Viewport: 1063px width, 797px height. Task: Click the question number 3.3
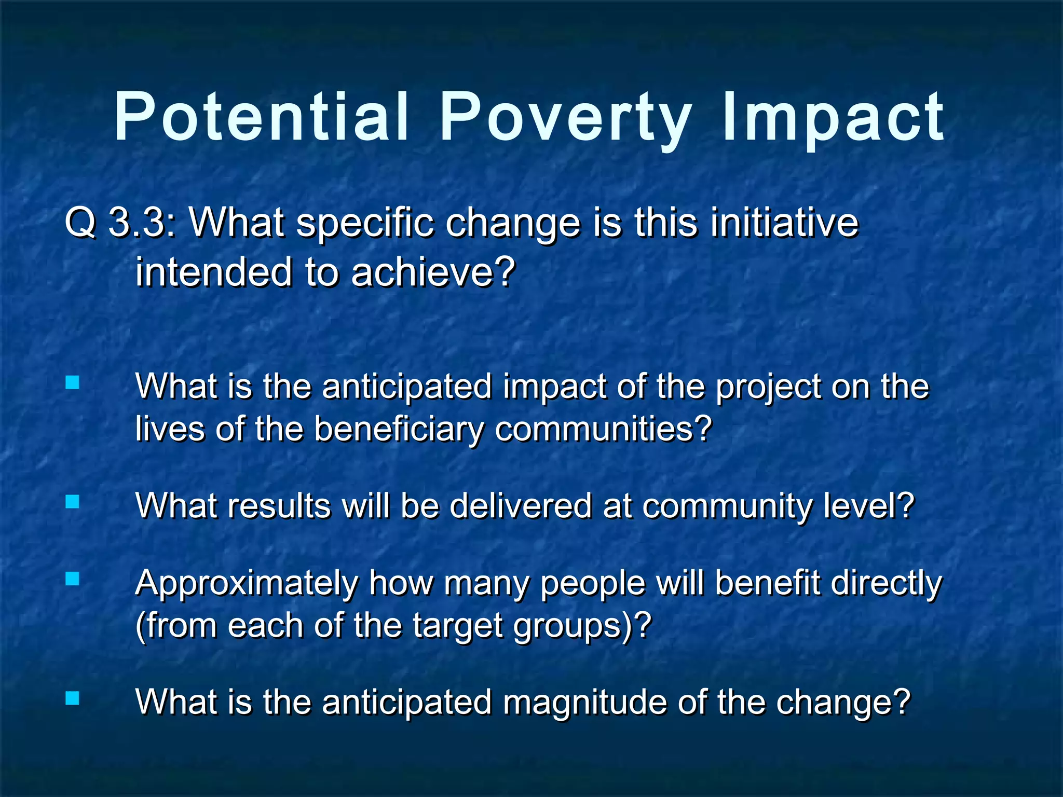(x=138, y=223)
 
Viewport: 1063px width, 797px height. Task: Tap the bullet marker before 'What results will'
(x=73, y=502)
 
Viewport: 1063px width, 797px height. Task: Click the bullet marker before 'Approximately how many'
(x=73, y=579)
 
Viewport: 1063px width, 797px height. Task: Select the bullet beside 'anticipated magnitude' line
(x=73, y=698)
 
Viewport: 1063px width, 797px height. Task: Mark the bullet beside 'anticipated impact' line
(x=73, y=383)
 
